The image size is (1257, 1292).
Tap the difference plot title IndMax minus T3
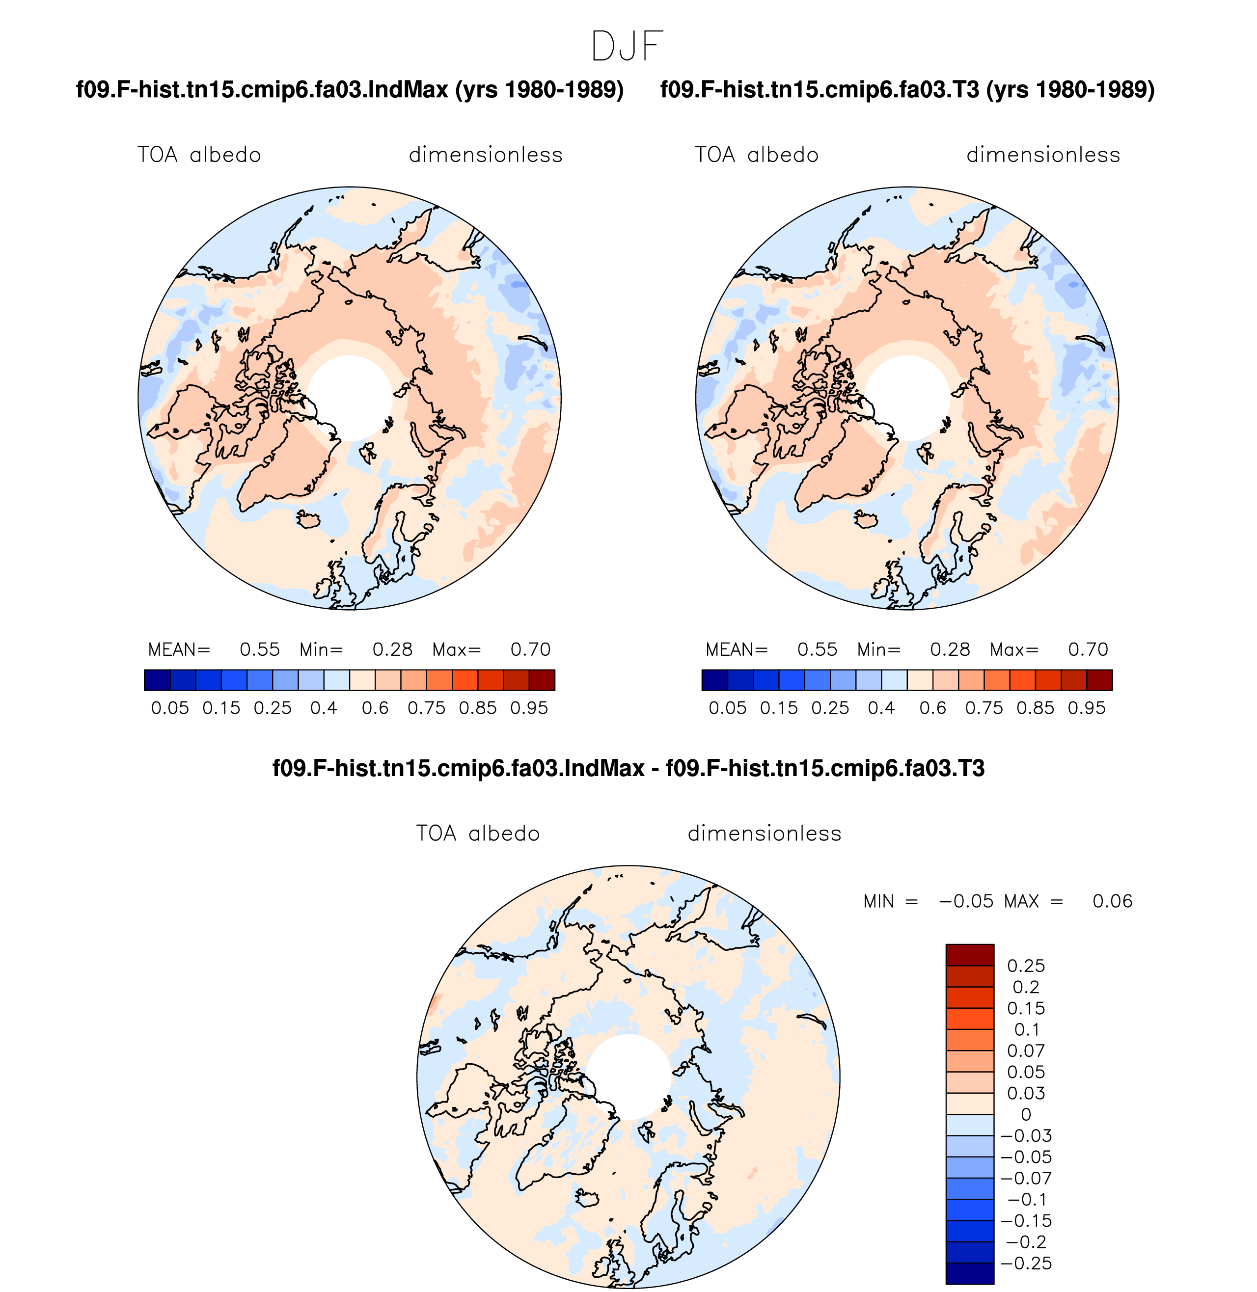(x=628, y=768)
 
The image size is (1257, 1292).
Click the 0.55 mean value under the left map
(x=259, y=649)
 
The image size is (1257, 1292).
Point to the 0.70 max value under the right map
(x=1088, y=649)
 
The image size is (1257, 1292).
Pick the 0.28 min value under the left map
(x=392, y=649)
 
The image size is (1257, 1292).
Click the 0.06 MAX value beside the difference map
(x=1113, y=901)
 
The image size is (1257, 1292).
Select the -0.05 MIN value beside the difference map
(x=966, y=901)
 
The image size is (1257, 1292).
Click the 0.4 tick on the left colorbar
(x=324, y=708)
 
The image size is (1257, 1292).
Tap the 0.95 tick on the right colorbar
(x=1087, y=708)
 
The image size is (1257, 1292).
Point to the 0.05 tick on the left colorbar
(x=170, y=708)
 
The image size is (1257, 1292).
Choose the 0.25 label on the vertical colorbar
(x=1026, y=966)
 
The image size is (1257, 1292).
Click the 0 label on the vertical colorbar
(x=1026, y=1114)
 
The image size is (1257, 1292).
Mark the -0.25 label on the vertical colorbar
(x=1026, y=1263)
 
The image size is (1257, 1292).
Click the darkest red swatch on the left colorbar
(x=542, y=680)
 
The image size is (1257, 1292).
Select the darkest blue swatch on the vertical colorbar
(x=970, y=1273)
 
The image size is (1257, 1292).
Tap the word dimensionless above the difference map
(x=765, y=834)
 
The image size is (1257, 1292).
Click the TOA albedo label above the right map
(x=757, y=155)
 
